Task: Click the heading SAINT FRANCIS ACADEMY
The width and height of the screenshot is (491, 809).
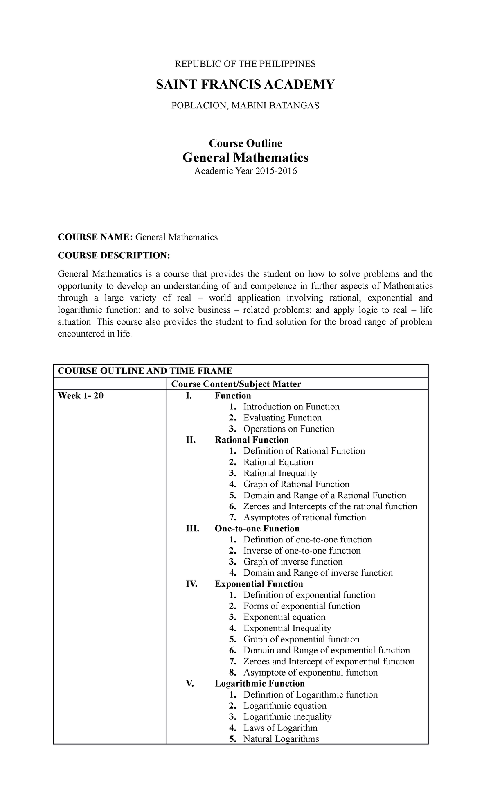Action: coord(245,85)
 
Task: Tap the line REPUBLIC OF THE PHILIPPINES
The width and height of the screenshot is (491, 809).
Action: coord(245,64)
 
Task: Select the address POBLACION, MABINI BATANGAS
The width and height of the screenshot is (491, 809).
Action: coord(245,106)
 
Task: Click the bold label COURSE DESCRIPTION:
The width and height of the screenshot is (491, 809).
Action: coord(113,255)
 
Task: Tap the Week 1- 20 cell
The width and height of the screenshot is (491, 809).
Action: coord(81,395)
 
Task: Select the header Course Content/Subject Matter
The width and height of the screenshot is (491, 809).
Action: coord(236,384)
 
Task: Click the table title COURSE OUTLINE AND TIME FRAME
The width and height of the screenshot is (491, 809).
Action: coord(145,371)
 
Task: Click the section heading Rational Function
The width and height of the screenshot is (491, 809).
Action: coord(252,440)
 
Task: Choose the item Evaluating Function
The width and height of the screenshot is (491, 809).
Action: coord(282,418)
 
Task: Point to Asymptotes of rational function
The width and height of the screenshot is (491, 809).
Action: coord(304,517)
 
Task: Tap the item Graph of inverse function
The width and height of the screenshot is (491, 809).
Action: coord(293,562)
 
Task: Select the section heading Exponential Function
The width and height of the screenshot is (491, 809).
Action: coord(259,584)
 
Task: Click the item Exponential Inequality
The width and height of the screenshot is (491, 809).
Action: coord(287,628)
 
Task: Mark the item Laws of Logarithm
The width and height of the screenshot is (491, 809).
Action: coord(280,728)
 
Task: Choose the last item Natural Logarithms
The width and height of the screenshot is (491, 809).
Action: coord(281,739)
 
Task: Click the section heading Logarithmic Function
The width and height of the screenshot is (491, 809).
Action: coord(259,684)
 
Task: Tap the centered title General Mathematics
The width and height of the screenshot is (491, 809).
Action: coord(245,157)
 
